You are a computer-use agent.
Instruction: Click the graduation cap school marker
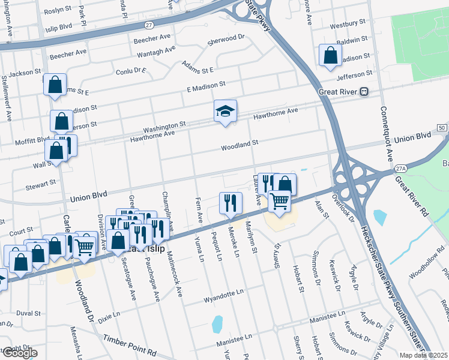225,111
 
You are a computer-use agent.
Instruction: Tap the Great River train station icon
364,92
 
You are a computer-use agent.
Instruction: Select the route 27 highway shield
148,25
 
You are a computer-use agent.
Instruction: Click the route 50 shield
441,128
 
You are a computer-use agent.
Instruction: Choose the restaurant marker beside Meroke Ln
231,203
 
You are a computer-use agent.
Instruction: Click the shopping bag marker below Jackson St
55,85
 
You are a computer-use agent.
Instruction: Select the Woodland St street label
239,145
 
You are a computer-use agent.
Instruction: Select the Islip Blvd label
58,28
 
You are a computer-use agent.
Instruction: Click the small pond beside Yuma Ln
217,323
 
